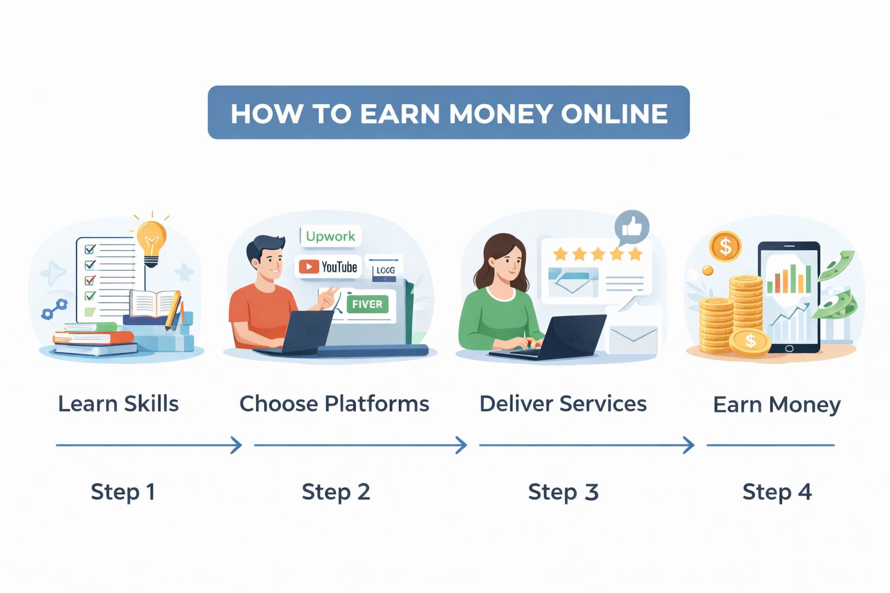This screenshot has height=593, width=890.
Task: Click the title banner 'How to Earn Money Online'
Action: [448, 112]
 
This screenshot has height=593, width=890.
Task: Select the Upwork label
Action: [330, 236]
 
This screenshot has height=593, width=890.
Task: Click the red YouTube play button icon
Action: [308, 266]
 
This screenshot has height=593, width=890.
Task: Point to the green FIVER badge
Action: [367, 304]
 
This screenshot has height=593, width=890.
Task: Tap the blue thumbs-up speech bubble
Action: [632, 226]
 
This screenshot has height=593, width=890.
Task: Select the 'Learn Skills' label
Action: [118, 404]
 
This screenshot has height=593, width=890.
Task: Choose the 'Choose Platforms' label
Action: [334, 404]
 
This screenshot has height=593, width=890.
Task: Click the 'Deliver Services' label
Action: [563, 404]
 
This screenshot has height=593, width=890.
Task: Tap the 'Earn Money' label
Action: [776, 404]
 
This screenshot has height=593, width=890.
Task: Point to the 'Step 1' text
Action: [123, 492]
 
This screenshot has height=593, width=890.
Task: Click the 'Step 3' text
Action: [563, 492]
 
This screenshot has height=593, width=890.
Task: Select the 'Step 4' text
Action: [777, 492]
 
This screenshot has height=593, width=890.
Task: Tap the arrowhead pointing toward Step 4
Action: [689, 445]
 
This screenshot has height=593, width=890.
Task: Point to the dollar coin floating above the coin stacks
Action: [725, 247]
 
